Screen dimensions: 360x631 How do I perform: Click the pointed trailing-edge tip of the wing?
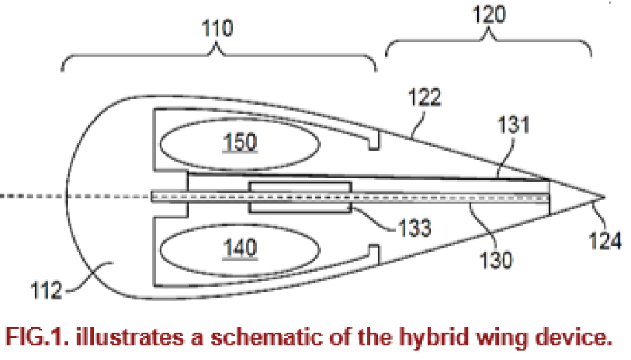pos(605,197)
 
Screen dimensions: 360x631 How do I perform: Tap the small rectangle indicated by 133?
pos(300,196)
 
